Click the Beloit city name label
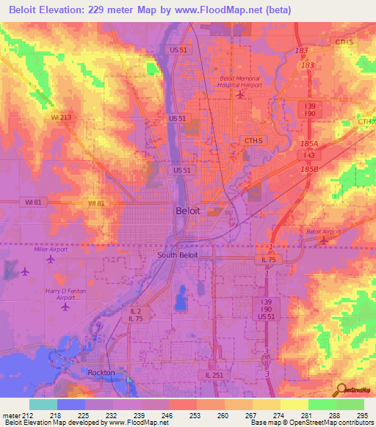click(188, 211)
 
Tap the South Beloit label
click(177, 255)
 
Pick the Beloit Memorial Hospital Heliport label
click(240, 81)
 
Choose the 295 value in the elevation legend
click(361, 414)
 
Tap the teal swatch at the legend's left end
click(43, 404)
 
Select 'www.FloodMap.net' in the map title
click(228, 10)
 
